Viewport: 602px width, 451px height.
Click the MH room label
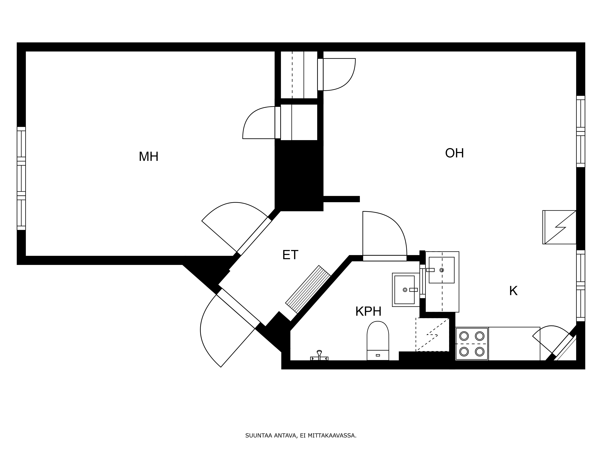pos(149,157)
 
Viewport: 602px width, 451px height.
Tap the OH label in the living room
pos(455,153)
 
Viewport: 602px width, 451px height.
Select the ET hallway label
pos(290,255)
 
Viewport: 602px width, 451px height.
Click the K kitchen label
pos(513,291)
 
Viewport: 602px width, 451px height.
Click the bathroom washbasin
pos(406,290)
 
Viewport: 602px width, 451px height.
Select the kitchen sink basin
pos(442,270)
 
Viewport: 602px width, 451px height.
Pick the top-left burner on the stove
pos(464,336)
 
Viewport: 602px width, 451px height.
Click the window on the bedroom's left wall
pos(21,178)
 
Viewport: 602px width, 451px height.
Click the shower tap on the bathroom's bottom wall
pos(319,356)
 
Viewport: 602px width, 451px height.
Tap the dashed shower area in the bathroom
pos(432,334)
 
